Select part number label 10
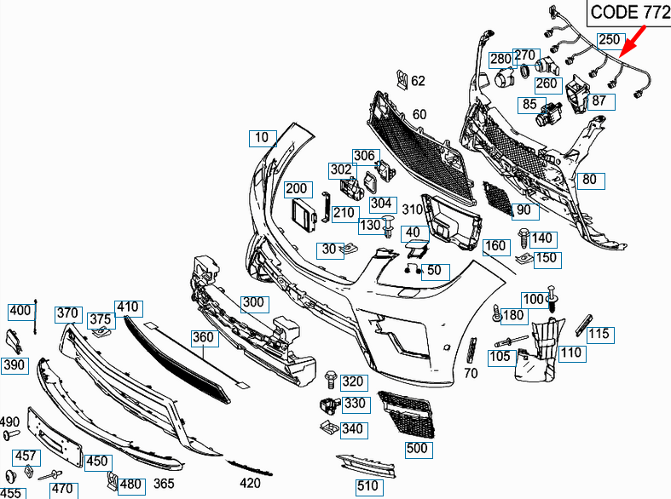coord(261,136)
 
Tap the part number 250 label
coord(609,40)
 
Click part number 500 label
coord(416,448)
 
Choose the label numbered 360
coord(203,338)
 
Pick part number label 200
coord(296,188)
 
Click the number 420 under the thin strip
coord(250,483)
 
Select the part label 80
coord(589,180)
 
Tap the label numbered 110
coord(572,353)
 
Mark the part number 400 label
coord(20,311)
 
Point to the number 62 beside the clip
coord(418,82)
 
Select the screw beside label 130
coord(389,227)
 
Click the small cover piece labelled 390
coord(14,340)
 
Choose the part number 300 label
coord(253,303)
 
